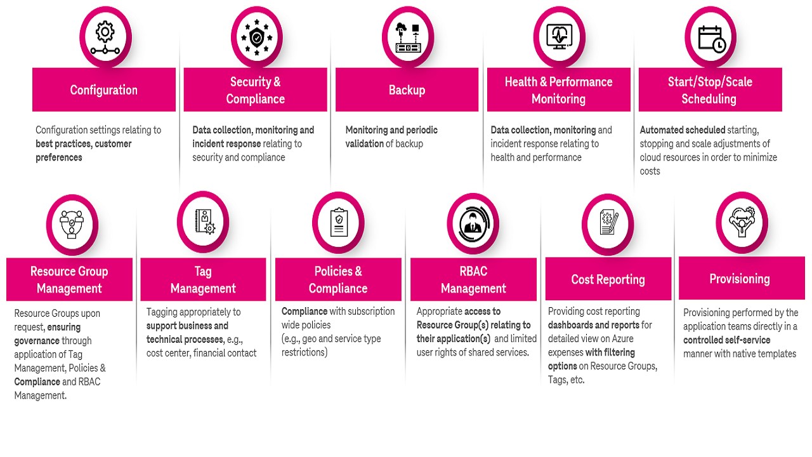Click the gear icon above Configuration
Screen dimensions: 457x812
pyautogui.click(x=105, y=37)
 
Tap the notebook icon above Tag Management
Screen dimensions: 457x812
pyautogui.click(x=203, y=222)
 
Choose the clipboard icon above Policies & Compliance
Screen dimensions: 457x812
pyautogui.click(x=339, y=223)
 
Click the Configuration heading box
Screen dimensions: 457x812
pyautogui.click(x=104, y=90)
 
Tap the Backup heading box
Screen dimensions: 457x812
pyautogui.click(x=407, y=90)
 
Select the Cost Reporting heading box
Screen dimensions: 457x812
pyautogui.click(x=608, y=279)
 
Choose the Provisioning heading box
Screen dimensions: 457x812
pyautogui.click(x=740, y=279)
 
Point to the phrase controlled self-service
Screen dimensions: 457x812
pyautogui.click(x=726, y=340)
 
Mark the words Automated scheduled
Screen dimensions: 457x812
pyautogui.click(x=683, y=130)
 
